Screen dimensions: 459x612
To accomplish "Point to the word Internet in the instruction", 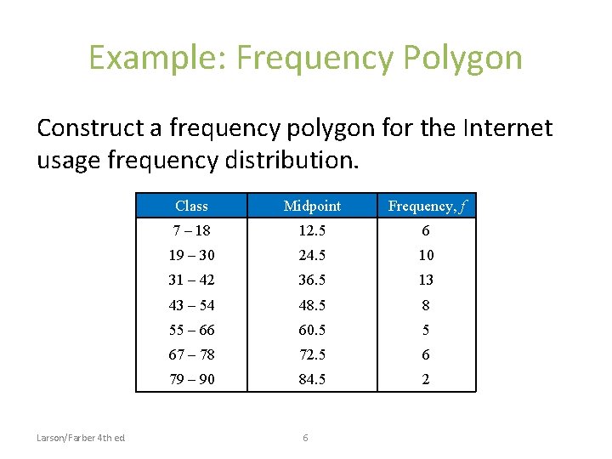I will (x=507, y=128).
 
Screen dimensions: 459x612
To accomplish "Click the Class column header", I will (x=191, y=206).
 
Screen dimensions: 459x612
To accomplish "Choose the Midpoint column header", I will (x=312, y=206).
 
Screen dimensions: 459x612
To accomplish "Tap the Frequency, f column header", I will (x=427, y=207).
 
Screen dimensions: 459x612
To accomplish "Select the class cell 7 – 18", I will (x=191, y=230).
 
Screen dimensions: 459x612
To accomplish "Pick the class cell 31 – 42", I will (x=191, y=280).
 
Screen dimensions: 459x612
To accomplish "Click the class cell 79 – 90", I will (x=191, y=379).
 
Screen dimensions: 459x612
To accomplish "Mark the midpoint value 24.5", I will (x=312, y=255).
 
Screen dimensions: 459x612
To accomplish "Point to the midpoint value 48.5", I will (x=312, y=305).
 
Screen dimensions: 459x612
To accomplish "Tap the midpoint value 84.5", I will (x=312, y=379).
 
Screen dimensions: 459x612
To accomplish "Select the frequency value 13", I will (x=426, y=280).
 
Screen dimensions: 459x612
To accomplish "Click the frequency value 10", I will (x=426, y=255).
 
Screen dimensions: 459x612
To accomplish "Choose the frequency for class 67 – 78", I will (x=426, y=354).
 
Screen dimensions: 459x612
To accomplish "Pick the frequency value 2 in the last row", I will (x=426, y=379).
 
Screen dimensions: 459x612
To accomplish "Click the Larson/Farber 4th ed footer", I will (x=81, y=438).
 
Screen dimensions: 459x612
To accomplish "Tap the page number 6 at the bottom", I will (x=305, y=438).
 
